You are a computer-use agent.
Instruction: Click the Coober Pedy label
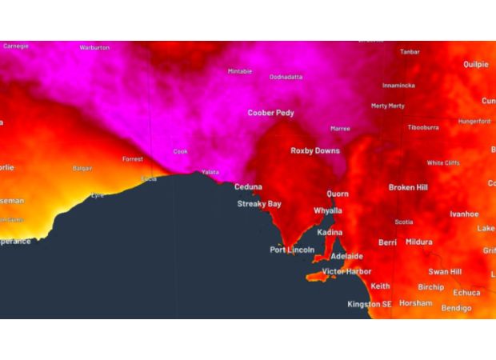[x=270, y=113]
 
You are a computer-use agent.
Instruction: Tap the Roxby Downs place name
[x=314, y=150]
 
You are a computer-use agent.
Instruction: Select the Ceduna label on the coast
[x=248, y=187]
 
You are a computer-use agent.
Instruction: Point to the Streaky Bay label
[x=259, y=204]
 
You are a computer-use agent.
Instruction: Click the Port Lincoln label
[x=292, y=250]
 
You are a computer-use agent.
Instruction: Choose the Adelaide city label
[x=346, y=256]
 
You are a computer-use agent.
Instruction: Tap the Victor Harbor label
[x=346, y=271]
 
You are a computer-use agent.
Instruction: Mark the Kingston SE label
[x=370, y=304]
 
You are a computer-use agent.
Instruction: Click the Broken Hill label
[x=408, y=187]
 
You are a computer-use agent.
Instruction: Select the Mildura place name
[x=418, y=242]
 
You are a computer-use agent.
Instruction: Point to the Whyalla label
[x=327, y=210]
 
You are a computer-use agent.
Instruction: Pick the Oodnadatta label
[x=286, y=77]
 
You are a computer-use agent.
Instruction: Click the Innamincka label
[x=398, y=85]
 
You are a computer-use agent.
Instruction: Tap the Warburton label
[x=94, y=48]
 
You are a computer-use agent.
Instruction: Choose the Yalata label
[x=210, y=172]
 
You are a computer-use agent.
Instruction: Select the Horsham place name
[x=416, y=303]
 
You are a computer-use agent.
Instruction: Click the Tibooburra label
[x=423, y=127]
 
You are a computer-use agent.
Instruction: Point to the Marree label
[x=340, y=128]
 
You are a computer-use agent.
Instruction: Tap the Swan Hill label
[x=445, y=272]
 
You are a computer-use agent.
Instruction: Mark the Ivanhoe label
[x=464, y=214]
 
